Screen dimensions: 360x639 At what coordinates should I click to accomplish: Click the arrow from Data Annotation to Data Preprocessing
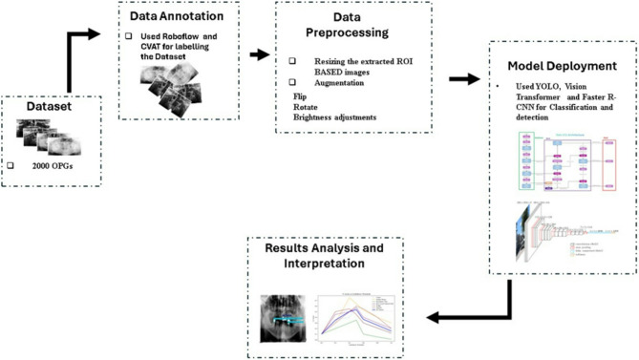pos(258,54)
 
